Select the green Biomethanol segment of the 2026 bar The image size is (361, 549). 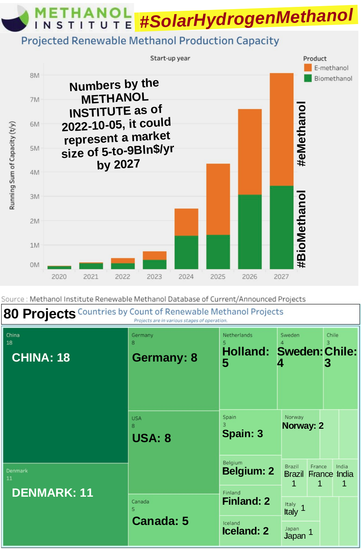point(250,232)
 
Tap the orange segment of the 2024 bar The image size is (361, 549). point(186,222)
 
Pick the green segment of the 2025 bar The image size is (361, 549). point(218,252)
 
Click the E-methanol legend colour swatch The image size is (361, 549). point(308,68)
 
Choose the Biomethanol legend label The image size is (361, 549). point(333,78)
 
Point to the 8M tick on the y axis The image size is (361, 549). point(35,76)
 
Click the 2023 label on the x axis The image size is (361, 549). point(154,276)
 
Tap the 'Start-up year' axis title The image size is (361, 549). point(170,58)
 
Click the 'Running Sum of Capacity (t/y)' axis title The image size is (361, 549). point(12,165)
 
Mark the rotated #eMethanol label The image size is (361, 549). point(301,134)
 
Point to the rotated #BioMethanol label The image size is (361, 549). point(301,229)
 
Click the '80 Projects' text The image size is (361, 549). point(40,314)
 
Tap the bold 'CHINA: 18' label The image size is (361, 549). point(41,358)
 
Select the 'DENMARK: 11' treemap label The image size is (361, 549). point(52,493)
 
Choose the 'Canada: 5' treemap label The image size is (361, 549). point(160,521)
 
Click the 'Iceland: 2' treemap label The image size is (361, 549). point(245,531)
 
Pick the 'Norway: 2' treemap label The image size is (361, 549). point(303,426)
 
